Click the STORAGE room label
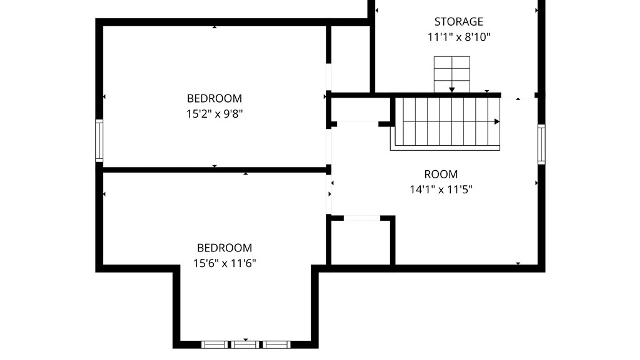(459, 22)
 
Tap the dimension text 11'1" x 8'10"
(459, 37)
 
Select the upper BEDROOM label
(214, 98)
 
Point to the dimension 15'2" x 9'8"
(214, 114)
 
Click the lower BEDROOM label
(225, 248)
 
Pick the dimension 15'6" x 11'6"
(225, 263)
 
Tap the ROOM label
(441, 174)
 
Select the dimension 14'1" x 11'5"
(441, 190)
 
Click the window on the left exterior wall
(99, 141)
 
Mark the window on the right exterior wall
(542, 144)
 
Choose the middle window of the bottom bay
(245, 345)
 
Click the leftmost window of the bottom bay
(215, 345)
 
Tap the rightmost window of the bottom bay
(276, 345)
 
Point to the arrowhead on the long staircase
(497, 122)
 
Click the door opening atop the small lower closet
(362, 218)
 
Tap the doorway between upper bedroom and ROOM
(329, 147)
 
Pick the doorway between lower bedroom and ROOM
(329, 194)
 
